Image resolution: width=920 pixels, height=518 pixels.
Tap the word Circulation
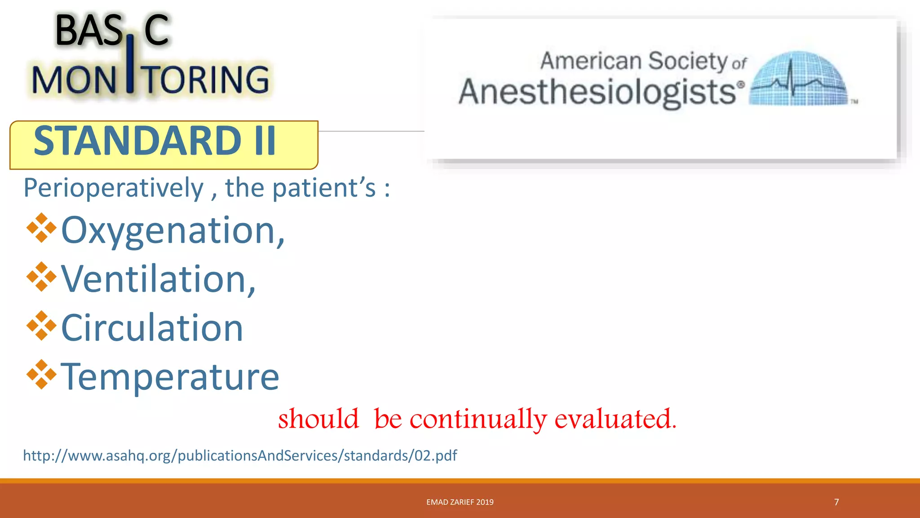(152, 328)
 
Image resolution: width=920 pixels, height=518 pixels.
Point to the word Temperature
(170, 377)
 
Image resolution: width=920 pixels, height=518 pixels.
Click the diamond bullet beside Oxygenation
(41, 228)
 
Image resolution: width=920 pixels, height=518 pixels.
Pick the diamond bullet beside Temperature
(41, 374)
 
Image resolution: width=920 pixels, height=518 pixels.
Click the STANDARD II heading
(155, 141)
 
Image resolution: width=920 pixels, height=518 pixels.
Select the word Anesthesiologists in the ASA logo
(597, 92)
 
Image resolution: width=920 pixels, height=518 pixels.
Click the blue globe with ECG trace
(799, 79)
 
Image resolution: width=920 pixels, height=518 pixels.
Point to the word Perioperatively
(113, 188)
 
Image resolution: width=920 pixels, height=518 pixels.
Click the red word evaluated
(615, 419)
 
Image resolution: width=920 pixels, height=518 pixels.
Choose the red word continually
(478, 420)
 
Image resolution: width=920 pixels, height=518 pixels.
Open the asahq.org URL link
(240, 455)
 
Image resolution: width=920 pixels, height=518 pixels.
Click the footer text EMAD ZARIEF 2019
(460, 502)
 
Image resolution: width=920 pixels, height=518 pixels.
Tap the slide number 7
(836, 502)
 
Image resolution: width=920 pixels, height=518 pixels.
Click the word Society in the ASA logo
(687, 61)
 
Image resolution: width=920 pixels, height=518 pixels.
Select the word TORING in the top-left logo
(207, 80)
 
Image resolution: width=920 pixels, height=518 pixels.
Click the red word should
(318, 419)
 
